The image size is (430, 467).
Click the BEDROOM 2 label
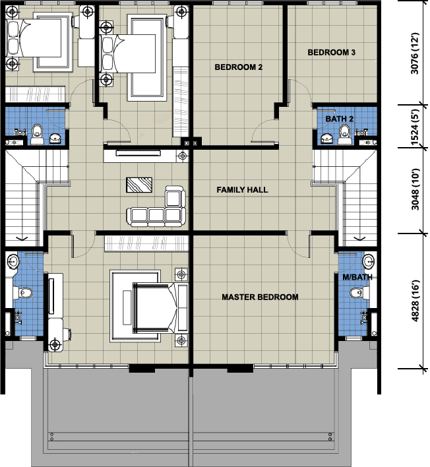[x=239, y=67]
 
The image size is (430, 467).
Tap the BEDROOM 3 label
[x=332, y=52]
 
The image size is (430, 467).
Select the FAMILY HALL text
[x=242, y=190]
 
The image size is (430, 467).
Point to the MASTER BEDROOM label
[x=260, y=297]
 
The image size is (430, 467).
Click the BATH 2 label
[x=339, y=119]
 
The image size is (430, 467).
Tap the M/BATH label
[x=357, y=277]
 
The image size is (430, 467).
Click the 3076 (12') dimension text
[x=415, y=53]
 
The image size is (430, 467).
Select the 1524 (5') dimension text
[x=415, y=127]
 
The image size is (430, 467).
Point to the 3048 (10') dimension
[x=415, y=189]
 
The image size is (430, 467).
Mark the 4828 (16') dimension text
[x=415, y=301]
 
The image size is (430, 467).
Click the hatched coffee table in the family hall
[x=139, y=185]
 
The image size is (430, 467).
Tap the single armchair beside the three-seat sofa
[x=175, y=197]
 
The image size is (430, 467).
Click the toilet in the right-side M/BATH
[x=359, y=293]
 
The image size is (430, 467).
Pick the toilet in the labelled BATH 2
[x=344, y=134]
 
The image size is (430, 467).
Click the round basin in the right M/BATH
[x=369, y=261]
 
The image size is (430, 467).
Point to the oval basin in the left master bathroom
[x=13, y=261]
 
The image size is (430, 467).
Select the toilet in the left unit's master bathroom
[x=22, y=293]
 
